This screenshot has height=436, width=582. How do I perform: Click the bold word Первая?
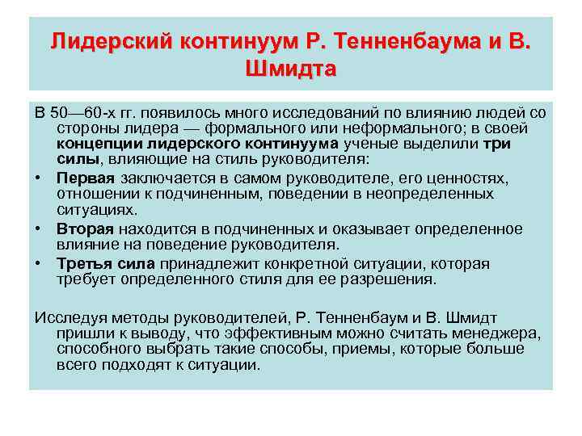86,177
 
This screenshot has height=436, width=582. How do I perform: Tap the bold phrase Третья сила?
106,264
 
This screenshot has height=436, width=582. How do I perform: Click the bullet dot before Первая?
39,177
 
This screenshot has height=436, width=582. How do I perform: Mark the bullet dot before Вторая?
39,228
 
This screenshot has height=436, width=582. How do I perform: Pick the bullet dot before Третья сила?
39,264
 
